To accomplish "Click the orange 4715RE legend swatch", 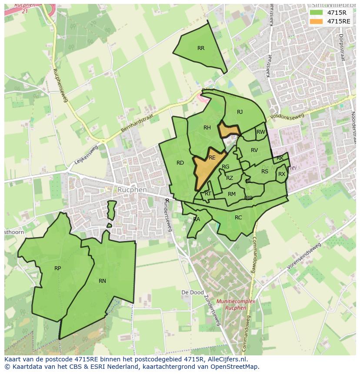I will click(316, 21).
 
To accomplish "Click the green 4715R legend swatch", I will click(316, 12).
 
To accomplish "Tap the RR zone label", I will click(201, 48).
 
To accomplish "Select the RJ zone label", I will click(240, 112).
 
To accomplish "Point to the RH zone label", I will click(207, 128).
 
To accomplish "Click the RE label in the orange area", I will click(212, 158).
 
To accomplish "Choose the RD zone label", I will click(180, 163).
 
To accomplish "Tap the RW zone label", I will click(261, 132).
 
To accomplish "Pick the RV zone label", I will click(254, 150).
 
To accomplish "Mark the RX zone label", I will click(282, 174).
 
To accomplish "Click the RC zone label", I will click(238, 218).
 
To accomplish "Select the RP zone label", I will click(57, 268).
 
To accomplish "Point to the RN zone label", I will click(102, 281).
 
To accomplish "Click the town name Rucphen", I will click(132, 190).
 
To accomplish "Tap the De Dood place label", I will click(192, 293).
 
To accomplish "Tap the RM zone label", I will click(232, 194).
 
